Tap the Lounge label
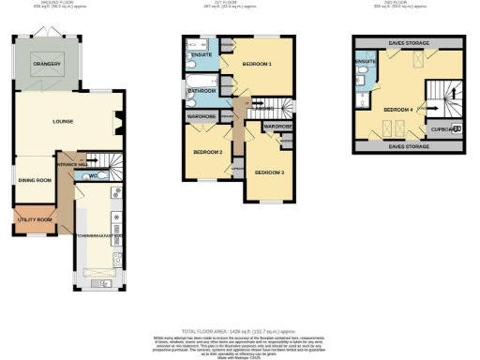[x=37, y=121]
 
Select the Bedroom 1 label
[x=256, y=65]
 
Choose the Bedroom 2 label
[x=207, y=152]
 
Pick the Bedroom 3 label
[x=270, y=172]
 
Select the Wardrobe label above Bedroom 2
[x=203, y=116]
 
